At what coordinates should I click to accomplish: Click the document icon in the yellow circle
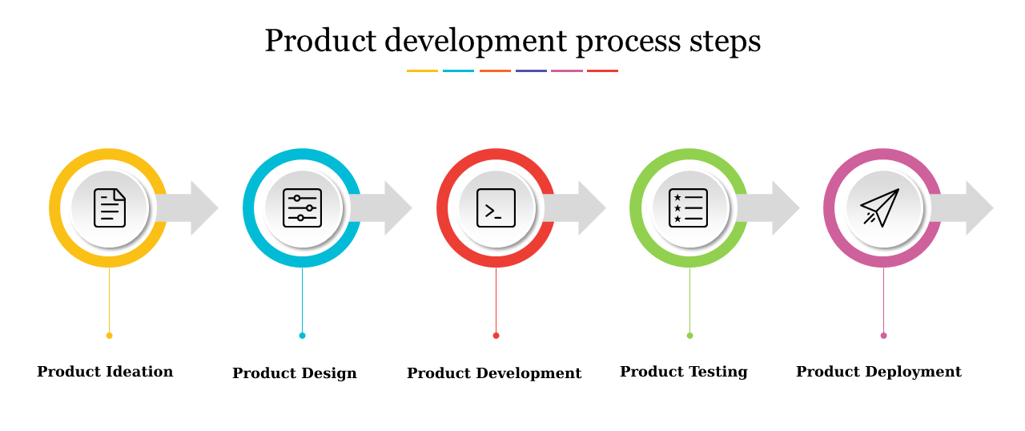point(110,208)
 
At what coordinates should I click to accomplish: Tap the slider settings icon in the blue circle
point(303,208)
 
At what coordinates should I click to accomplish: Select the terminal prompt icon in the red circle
point(496,208)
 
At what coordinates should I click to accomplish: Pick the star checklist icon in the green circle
point(689,208)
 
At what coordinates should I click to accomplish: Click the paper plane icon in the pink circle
point(881,207)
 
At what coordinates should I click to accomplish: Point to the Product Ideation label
point(105,372)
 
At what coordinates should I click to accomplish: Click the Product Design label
point(295,373)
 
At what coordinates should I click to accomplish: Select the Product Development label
point(494,373)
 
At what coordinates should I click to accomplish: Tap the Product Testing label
point(684,372)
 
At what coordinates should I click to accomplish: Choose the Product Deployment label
point(878,372)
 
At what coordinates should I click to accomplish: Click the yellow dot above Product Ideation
point(110,336)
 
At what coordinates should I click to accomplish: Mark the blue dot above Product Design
point(303,336)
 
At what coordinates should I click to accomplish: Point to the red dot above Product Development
point(496,336)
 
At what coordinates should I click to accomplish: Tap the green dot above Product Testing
point(689,336)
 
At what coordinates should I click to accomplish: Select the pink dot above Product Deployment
point(883,336)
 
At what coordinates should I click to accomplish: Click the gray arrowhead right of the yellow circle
point(203,208)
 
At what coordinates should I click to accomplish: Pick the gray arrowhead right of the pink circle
point(978,208)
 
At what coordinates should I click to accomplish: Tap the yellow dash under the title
point(422,71)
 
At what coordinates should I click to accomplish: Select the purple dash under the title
point(531,71)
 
